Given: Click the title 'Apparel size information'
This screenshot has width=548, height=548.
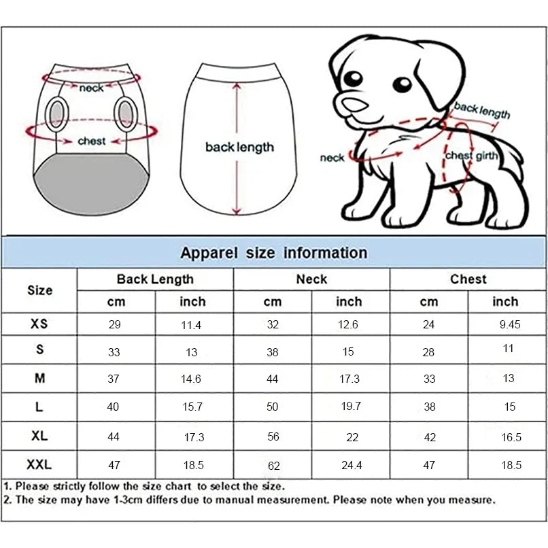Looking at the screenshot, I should [273, 253].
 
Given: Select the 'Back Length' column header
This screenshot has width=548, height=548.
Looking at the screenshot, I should [155, 279].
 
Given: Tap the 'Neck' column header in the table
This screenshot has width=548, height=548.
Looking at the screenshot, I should [311, 279].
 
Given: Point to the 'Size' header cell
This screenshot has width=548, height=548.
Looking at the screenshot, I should [39, 290].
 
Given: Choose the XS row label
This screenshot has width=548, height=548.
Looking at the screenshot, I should [39, 324].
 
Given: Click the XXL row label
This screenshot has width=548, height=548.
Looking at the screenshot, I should [39, 465].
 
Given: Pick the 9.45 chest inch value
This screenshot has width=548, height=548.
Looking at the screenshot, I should [509, 324].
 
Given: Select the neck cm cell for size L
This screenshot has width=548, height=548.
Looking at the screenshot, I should [273, 407].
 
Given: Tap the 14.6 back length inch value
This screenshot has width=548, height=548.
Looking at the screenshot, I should [192, 379].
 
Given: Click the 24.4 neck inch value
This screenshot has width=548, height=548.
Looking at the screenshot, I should [351, 466].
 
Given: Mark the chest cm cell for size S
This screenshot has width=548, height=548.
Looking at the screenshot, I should [428, 352].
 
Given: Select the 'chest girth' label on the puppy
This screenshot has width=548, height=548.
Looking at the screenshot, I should [471, 156].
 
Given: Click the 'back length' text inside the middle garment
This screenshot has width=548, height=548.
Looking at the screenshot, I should [239, 148].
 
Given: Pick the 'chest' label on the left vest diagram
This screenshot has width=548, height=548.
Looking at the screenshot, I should [92, 141].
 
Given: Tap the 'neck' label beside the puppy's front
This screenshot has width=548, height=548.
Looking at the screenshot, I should [332, 158].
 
